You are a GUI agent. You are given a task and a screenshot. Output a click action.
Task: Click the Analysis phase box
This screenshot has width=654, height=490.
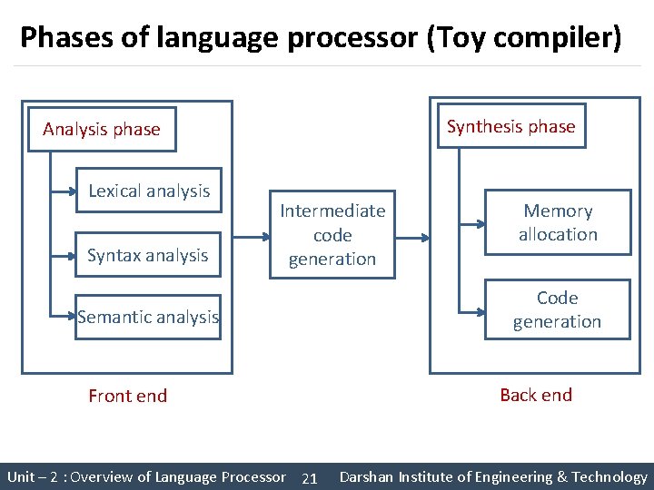point(101,129)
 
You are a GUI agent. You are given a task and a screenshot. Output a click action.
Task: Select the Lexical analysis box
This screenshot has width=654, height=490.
point(149,191)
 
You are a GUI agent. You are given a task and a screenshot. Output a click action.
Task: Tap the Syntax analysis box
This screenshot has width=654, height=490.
point(148,255)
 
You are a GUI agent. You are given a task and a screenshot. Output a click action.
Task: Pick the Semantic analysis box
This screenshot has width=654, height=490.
point(148,317)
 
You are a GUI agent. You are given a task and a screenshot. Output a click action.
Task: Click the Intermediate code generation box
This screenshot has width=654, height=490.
point(332,234)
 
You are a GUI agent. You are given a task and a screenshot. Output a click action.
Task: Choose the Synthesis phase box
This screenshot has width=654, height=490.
point(510,126)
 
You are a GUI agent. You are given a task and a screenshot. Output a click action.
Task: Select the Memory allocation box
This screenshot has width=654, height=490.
point(558,222)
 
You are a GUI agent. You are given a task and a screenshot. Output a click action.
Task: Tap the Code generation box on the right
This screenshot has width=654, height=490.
point(557,309)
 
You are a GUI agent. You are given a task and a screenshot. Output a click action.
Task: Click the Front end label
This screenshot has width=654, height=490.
point(127,396)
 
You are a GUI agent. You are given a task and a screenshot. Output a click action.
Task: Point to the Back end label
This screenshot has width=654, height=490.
point(536,395)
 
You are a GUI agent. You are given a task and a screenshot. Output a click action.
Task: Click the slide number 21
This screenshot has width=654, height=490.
point(309,478)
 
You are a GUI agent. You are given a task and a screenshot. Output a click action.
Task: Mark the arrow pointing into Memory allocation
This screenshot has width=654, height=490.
point(471,222)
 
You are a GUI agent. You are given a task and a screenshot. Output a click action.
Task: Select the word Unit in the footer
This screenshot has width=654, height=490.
point(22,476)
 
